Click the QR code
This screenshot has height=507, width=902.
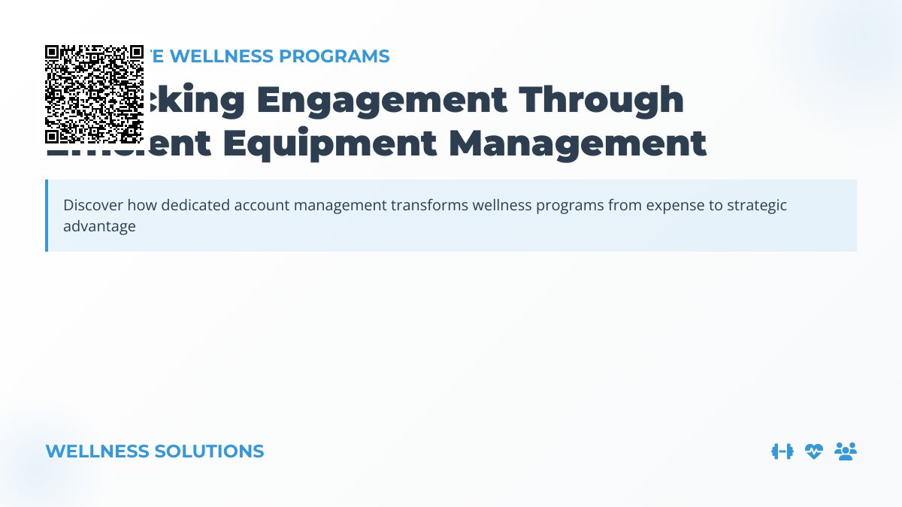(94, 94)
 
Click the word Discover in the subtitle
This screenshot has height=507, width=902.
(93, 205)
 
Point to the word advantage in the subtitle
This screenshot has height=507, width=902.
(99, 226)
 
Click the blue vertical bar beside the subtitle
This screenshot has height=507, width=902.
(47, 216)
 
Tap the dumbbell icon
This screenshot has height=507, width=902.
(782, 451)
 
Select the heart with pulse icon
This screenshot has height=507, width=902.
(814, 451)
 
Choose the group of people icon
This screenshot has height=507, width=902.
(846, 451)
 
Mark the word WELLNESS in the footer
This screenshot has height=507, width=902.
(97, 451)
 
